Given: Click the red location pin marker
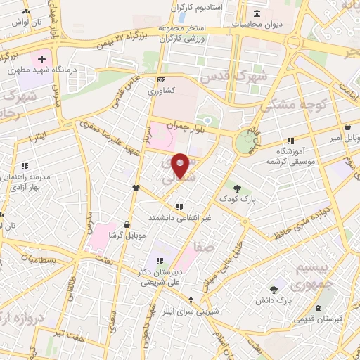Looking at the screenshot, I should [x=180, y=165].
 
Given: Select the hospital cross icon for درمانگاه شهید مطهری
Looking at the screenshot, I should [x=41, y=60].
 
